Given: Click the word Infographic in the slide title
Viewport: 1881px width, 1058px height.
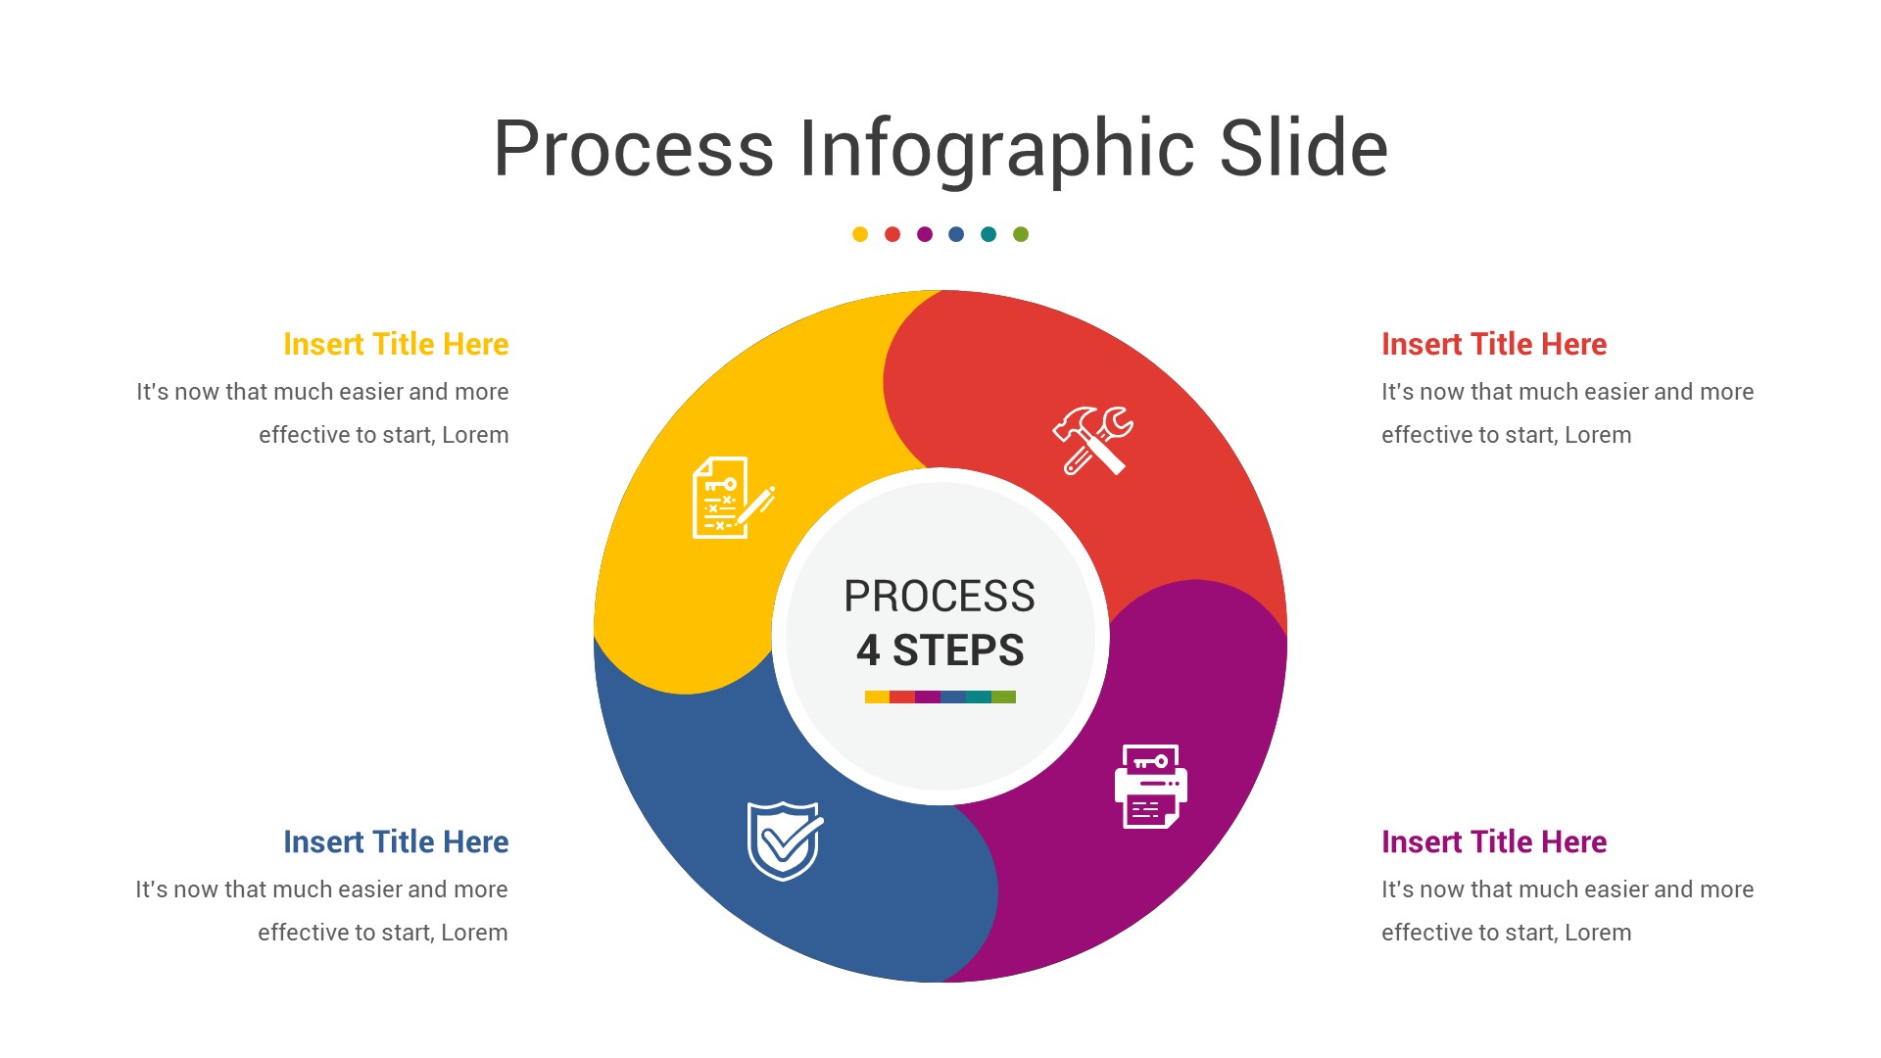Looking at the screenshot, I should coord(996,149).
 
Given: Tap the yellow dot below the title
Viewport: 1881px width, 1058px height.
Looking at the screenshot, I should coord(860,234).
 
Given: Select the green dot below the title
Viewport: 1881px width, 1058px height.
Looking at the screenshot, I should coord(1021,234).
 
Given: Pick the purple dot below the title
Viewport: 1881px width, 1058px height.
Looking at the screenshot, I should coord(925,234).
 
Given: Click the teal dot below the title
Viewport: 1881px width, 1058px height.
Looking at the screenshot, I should coord(989,234).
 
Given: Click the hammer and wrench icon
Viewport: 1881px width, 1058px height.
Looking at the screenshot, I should coord(1092,441).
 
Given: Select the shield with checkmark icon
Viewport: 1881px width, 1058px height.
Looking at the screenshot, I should coord(785,841).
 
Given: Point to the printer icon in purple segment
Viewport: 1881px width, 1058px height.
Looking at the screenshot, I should coord(1151,786).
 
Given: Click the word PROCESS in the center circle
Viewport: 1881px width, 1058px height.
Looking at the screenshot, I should coord(940,596).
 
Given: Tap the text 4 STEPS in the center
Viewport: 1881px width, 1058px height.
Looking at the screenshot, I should coord(940,650).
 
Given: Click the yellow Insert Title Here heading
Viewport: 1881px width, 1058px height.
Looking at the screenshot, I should coord(396,344).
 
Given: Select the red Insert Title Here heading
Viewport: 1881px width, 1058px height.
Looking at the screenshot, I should coord(1494,344).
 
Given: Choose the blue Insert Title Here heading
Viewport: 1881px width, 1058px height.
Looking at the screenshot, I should coord(396,842).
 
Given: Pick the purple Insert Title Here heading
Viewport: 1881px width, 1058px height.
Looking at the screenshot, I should coord(1494,842).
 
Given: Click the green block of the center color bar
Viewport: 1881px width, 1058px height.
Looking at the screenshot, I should coord(1003,697).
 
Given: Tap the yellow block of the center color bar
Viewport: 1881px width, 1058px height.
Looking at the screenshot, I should coord(877,697).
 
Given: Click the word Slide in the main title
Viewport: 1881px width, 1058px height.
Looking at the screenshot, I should coord(1303,149).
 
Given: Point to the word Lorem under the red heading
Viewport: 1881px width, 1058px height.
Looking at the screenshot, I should coord(1598,435).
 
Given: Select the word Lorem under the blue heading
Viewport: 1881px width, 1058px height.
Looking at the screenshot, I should coord(474,933).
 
